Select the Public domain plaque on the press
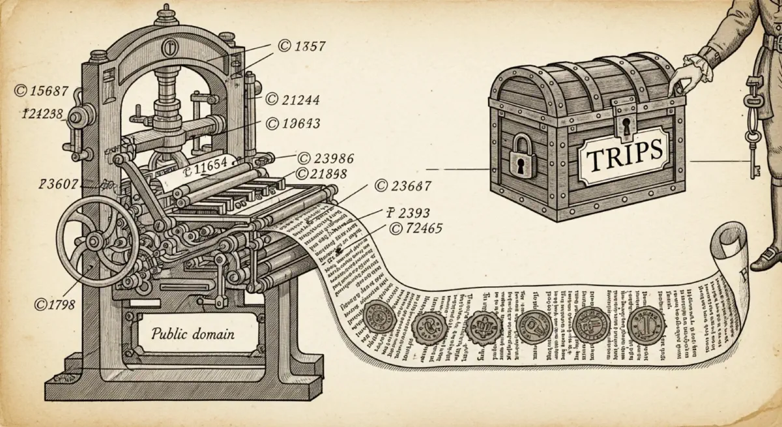click(193, 334)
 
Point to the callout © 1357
click(301, 46)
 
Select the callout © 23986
click(325, 158)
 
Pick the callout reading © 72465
click(415, 228)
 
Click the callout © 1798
click(55, 304)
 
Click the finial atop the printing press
click(168, 12)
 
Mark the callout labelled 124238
click(43, 113)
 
